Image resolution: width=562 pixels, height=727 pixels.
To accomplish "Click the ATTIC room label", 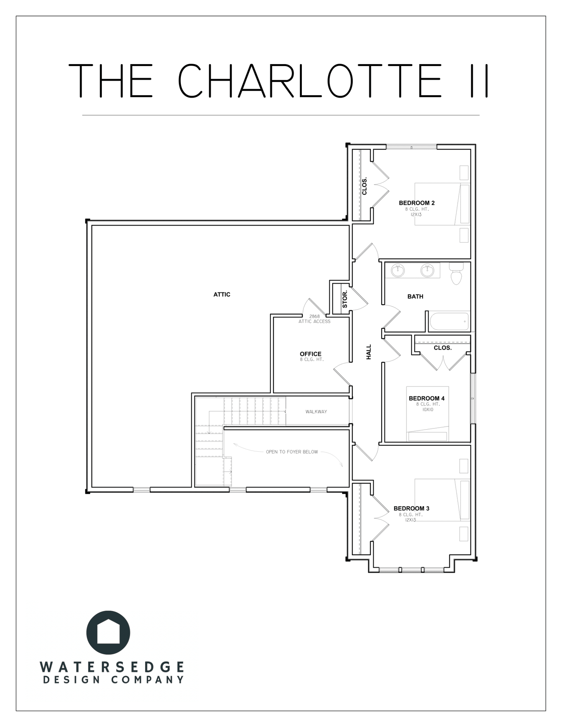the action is point(222,295).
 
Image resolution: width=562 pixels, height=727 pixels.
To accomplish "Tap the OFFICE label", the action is point(310,354).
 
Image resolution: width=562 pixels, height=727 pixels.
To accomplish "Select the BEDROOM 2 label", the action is point(417,203).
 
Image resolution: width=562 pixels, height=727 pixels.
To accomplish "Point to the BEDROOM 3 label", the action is point(411,509).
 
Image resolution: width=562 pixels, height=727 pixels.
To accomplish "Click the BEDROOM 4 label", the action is point(426,398).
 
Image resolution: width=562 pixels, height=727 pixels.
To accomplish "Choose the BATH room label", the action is point(415,297).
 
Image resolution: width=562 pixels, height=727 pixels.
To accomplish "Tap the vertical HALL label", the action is point(369,352).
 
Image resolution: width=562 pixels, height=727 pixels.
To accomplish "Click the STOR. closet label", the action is point(345,299).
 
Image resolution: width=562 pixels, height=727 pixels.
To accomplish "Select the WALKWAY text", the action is point(316,412).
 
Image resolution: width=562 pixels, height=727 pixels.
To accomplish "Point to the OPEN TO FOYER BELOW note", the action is point(292,452).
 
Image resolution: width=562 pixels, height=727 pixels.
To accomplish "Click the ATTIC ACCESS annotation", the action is point(314,322).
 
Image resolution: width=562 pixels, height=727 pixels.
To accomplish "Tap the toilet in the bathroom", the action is point(456,273).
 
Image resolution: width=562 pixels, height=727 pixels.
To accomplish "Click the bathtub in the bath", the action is point(449,322).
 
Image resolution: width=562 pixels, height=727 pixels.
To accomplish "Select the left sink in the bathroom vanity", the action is point(397,270).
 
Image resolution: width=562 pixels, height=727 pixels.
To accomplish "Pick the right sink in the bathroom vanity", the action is point(427,270).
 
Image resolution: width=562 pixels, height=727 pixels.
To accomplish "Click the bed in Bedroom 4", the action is point(427,414).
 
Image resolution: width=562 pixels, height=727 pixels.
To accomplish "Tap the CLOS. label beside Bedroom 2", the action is point(364,187).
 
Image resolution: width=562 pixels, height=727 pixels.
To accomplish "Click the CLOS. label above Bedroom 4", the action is point(443,348).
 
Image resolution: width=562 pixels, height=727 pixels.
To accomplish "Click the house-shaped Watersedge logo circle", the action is point(108,633).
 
